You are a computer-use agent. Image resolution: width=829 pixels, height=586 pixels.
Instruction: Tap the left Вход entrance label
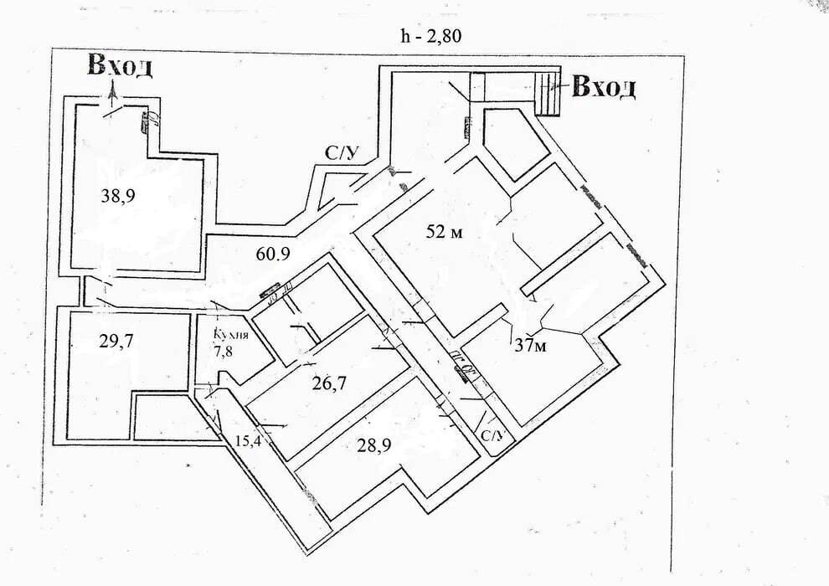[x=121, y=67]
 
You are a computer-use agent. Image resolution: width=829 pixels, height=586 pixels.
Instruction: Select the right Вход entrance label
[x=604, y=86]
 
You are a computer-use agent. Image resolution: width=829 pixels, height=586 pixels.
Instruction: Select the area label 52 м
[x=444, y=232]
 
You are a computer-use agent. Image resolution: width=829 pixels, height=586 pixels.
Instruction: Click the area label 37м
[x=529, y=346]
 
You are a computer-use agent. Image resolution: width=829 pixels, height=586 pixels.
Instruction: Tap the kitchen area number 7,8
[x=224, y=351]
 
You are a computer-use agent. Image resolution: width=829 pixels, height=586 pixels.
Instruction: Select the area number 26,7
[x=329, y=383]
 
